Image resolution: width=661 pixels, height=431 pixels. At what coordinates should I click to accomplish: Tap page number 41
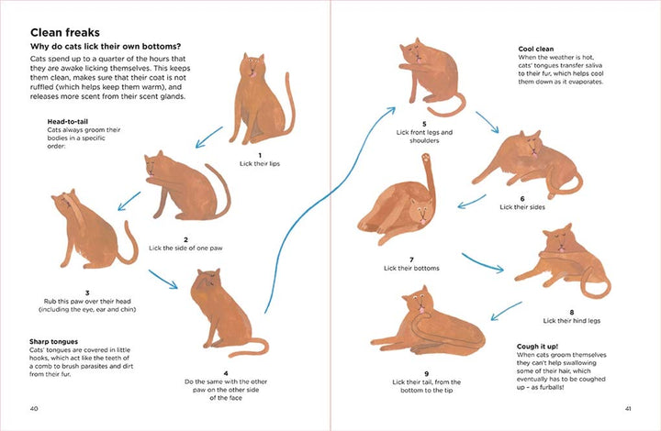(x=627, y=408)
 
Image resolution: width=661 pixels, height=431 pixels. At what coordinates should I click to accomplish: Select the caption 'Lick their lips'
(x=260, y=163)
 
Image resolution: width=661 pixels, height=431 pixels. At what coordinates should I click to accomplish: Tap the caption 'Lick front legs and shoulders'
(x=424, y=136)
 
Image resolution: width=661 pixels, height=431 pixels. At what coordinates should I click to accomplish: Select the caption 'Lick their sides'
(x=521, y=206)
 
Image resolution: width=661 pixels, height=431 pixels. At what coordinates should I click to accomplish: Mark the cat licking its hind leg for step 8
(x=555, y=261)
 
